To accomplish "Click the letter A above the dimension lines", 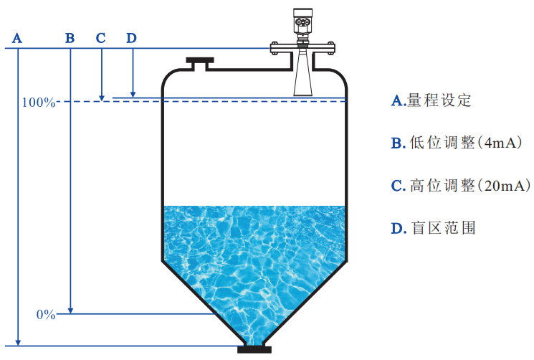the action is click(x=17, y=38).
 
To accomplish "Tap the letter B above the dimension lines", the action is click(x=70, y=38).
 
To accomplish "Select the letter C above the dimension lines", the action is click(x=100, y=38).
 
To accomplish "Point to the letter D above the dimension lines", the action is click(x=131, y=38).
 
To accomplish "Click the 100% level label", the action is click(x=39, y=103).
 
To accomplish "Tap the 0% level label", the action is click(x=46, y=314).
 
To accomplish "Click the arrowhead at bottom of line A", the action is click(x=19, y=342).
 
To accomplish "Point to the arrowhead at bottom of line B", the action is click(x=70, y=311).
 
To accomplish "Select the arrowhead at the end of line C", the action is click(x=102, y=98).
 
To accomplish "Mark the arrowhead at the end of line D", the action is click(x=133, y=95).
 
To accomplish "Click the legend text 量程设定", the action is click(x=439, y=100).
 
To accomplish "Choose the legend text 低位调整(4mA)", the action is click(x=466, y=143).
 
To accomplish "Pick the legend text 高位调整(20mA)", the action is click(x=470, y=186).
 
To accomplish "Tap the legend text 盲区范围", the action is click(x=444, y=228).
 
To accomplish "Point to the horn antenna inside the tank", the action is click(x=303, y=72).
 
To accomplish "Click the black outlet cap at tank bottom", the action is click(x=254, y=350).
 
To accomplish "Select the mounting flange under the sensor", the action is click(x=302, y=48).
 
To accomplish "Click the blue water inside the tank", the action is click(x=254, y=259).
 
